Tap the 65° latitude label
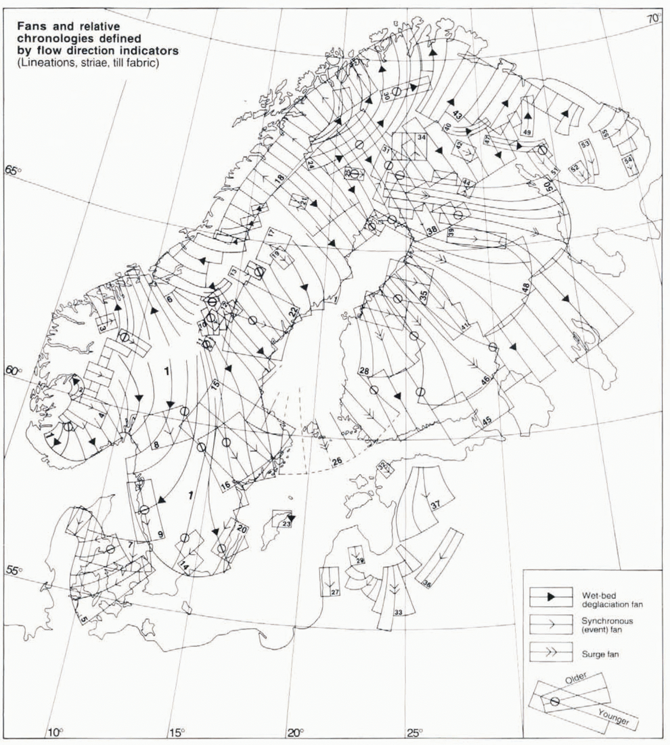13,170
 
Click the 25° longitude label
414,733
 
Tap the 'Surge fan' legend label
600,654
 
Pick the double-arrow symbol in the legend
551,652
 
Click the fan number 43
458,115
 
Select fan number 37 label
435,505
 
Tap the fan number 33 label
398,612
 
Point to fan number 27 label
335,592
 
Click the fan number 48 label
526,288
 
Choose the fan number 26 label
337,461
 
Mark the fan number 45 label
487,421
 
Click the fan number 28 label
364,371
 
